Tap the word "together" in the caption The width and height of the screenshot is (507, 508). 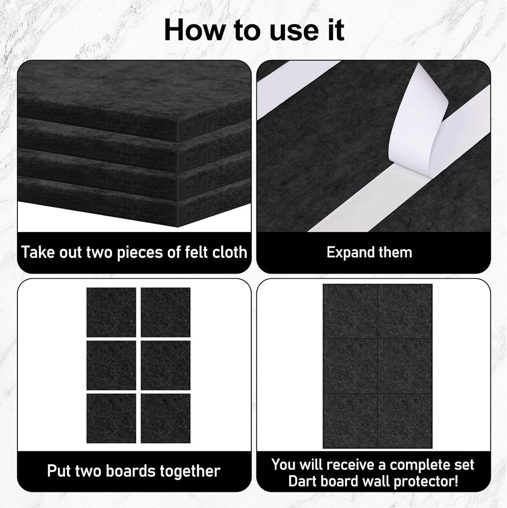point(190,471)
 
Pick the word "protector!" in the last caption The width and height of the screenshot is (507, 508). point(425,482)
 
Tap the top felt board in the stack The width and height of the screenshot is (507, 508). point(135,97)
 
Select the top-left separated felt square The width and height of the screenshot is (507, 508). point(111,312)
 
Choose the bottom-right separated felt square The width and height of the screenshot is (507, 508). point(165,418)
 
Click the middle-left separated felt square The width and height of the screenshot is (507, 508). point(111,365)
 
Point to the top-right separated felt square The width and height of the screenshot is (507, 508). point(165,312)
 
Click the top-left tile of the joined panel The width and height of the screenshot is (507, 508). point(350,311)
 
